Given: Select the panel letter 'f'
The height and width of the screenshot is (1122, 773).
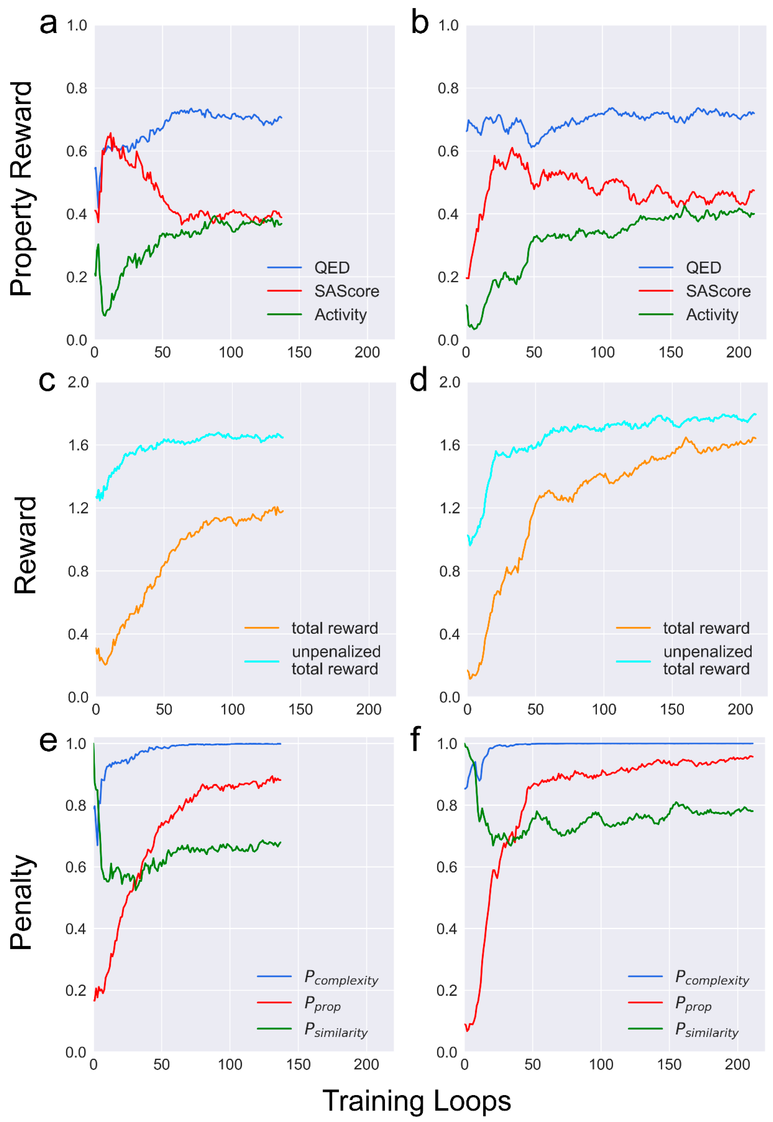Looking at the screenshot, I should [x=416, y=739].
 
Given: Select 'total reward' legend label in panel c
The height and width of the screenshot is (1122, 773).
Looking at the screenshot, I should [x=335, y=628].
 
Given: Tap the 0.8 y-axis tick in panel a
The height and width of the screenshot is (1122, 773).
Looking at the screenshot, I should [x=76, y=88].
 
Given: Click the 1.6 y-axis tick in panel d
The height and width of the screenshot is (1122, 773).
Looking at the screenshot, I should [x=449, y=445].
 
